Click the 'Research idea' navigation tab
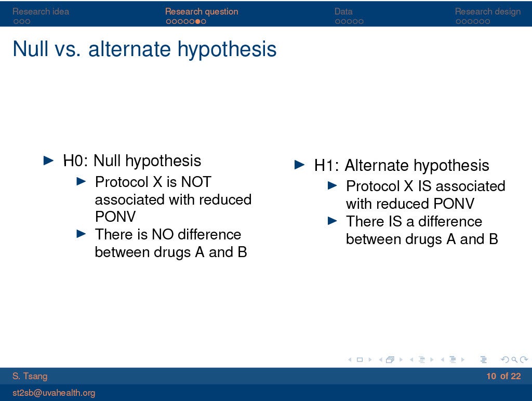pos(41,11)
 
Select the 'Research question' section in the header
pos(202,11)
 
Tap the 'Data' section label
pos(343,11)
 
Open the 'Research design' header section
pos(487,11)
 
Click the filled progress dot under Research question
pos(197,21)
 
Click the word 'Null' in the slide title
pos(30,49)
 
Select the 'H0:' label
pos(75,161)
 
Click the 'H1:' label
pos(326,165)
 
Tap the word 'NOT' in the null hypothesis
pos(196,182)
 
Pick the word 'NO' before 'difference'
pos(163,234)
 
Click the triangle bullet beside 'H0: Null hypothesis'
pos(49,161)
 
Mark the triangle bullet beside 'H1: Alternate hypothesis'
pos(300,165)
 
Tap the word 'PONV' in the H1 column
pos(454,204)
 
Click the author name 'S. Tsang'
pos(30,376)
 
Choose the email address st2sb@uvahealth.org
pos(54,393)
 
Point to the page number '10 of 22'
pos(503,376)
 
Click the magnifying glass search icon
pos(514,359)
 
